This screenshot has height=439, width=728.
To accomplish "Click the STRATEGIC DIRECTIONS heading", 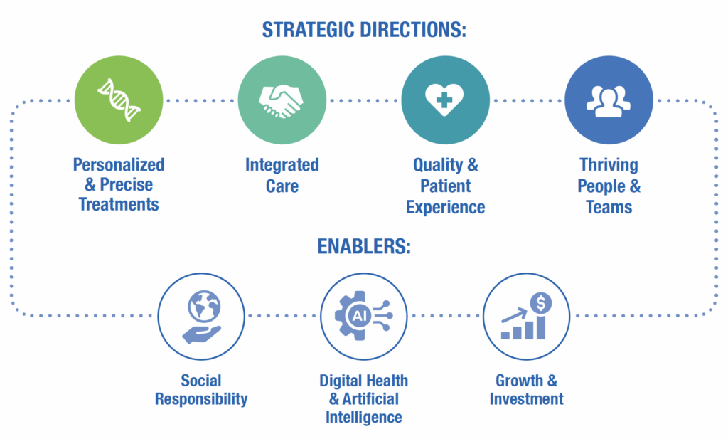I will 363,30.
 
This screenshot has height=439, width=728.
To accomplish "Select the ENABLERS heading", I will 363,248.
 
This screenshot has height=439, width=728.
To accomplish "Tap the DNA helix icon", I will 119,100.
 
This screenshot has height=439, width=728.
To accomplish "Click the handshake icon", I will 282,100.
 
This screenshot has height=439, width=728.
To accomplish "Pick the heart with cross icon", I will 445,100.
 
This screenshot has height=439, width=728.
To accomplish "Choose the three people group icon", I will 609,100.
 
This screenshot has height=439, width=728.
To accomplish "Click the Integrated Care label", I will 282,175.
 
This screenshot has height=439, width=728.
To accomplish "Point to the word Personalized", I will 119,165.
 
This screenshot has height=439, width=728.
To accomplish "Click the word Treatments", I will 119,205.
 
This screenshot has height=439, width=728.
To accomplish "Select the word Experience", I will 445,207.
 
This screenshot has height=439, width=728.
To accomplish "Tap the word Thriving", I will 609,165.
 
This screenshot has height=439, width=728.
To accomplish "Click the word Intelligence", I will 363,417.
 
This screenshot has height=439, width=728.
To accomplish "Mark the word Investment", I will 527,398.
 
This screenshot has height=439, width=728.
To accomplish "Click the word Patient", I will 445,186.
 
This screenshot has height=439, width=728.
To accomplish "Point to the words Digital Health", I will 363,380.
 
